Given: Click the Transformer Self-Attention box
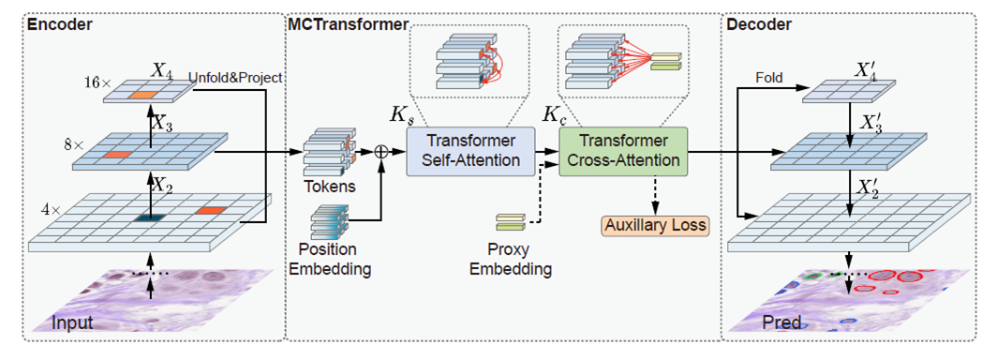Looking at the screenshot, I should (x=469, y=151).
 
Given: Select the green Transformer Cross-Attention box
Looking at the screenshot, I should (x=623, y=151).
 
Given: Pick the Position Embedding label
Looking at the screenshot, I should (x=327, y=261).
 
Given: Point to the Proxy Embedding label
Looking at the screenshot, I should (x=513, y=261).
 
